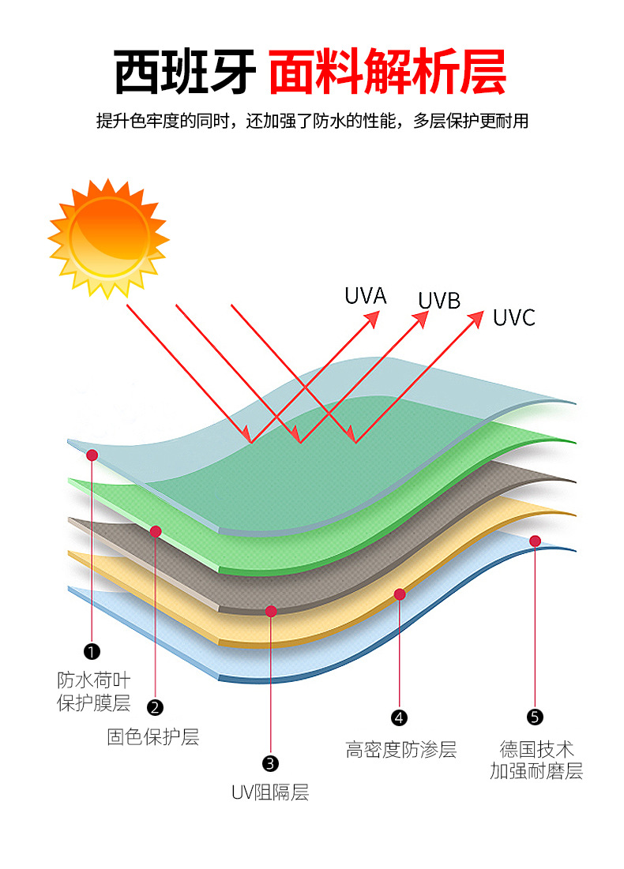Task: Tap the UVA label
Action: tap(365, 296)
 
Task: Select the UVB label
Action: tap(439, 300)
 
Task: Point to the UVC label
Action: tap(513, 317)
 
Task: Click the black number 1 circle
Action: tap(92, 651)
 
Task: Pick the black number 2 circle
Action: tap(156, 706)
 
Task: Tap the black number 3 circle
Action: tap(270, 762)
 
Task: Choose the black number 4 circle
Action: tap(400, 717)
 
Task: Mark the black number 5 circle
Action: tap(535, 717)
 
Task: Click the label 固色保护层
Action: tap(153, 737)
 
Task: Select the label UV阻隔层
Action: tap(270, 792)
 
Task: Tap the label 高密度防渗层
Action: tap(401, 749)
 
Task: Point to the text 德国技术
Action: tap(536, 749)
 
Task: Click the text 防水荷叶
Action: tap(93, 680)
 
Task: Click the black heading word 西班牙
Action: tap(185, 73)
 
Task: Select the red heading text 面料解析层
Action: tap(387, 73)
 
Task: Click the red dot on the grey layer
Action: tap(271, 610)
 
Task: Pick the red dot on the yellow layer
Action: tap(400, 594)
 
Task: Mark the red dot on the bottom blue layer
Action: tap(535, 541)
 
